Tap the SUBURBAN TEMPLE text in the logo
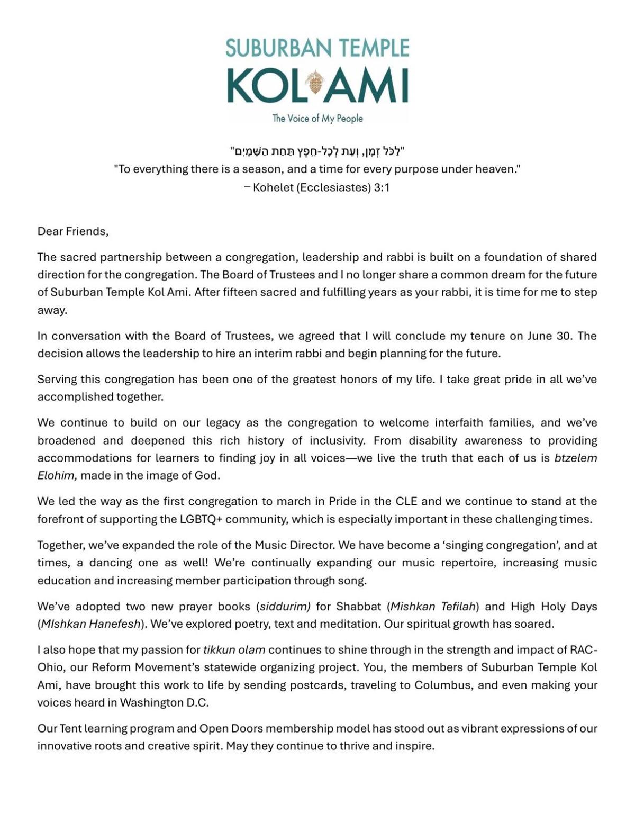pos(317,48)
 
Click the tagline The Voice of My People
pos(317,119)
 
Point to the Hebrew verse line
pos(317,152)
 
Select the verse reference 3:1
pos(382,187)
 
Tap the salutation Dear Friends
pos(72,231)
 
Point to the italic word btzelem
pos(575,458)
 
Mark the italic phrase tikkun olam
pos(234,650)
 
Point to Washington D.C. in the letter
pos(164,703)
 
